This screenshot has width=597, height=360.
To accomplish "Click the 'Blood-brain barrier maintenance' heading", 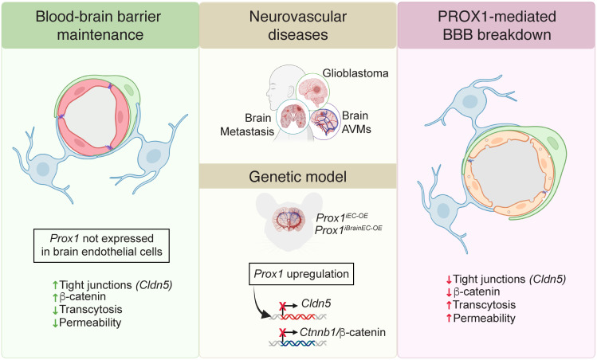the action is (98, 25).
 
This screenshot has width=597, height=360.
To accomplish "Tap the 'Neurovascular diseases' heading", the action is (298, 25).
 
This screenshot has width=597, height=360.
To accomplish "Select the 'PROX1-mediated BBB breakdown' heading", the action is (497, 25).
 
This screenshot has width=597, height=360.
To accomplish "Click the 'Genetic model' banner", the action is (298, 177).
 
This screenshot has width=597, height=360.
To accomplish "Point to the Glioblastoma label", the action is (355, 72).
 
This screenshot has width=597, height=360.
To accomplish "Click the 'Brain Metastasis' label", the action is (247, 124).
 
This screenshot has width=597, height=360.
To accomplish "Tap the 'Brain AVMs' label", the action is (356, 122).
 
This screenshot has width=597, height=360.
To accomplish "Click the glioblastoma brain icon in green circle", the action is (313, 90).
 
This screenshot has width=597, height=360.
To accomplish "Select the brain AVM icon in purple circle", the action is (324, 122).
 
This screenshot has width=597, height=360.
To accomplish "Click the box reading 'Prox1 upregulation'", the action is (301, 274).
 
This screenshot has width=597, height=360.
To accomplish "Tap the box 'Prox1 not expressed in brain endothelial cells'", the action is (101, 245).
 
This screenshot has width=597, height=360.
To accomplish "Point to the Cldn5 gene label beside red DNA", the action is (316, 303).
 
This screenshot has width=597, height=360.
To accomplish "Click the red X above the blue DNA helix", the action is (282, 334).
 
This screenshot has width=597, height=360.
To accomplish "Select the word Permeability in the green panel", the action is (90, 323).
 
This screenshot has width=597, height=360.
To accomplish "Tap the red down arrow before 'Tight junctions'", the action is (449, 280).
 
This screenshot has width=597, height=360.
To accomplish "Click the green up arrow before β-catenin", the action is (55, 297).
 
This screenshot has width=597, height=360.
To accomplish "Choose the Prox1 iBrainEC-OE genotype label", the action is (348, 230).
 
